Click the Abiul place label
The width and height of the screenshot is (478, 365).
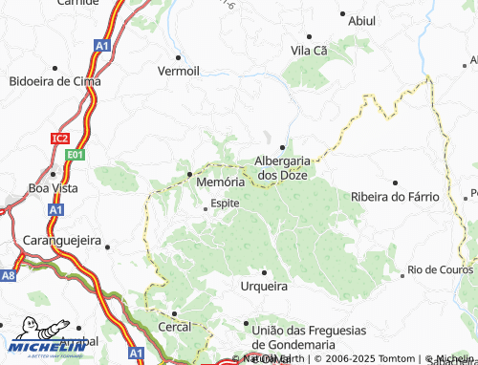click(363, 20)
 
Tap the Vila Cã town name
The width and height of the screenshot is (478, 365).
click(311, 50)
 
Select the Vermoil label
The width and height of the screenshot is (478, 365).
click(179, 71)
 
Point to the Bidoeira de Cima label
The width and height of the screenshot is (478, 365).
click(54, 81)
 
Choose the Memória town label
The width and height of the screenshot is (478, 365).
click(220, 181)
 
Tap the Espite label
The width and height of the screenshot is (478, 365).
click(225, 204)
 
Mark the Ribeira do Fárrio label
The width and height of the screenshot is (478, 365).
click(395, 197)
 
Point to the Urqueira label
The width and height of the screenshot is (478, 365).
click(262, 286)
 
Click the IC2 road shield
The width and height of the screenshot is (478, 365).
click(60, 139)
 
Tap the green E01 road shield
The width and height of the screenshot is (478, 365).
click(76, 153)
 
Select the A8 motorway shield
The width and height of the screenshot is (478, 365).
click(9, 275)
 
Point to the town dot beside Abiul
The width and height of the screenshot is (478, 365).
click(341, 15)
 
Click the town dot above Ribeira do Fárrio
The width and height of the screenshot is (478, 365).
click(396, 182)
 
